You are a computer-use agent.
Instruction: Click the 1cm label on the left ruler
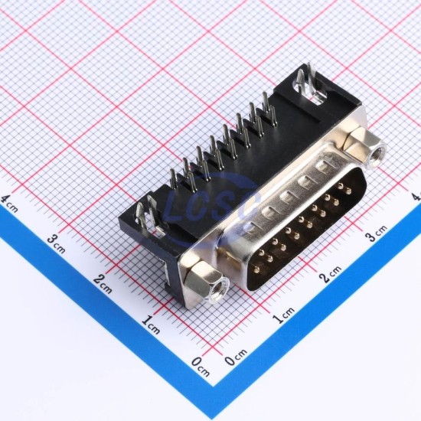tap(151, 325)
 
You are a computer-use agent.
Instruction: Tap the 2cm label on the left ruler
tap(103, 284)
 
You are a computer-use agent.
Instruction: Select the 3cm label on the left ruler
tap(57, 243)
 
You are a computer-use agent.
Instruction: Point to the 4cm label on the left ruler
tap(10, 204)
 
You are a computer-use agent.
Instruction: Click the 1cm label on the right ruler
tap(283, 315)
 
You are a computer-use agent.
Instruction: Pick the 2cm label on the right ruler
tap(330, 274)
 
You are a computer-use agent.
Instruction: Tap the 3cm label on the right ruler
tap(377, 233)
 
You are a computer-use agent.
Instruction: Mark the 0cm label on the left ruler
tap(201, 367)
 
